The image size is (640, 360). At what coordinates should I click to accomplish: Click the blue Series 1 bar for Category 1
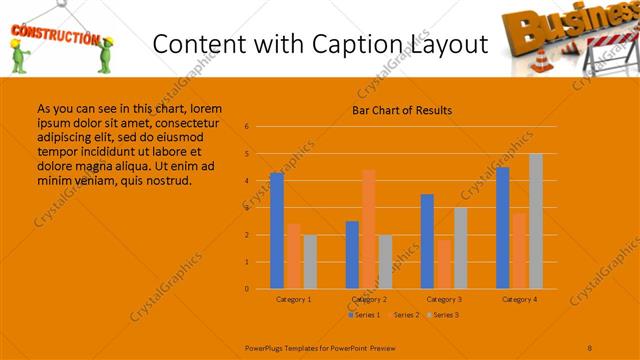tap(276, 231)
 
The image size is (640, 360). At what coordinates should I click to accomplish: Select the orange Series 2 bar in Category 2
tap(368, 229)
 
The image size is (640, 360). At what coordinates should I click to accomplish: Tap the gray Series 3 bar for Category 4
tap(535, 221)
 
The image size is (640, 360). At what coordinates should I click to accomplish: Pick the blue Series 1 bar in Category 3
tap(427, 241)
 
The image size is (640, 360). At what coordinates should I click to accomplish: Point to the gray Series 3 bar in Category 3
tap(460, 248)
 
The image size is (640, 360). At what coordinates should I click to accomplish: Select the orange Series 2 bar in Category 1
tap(293, 256)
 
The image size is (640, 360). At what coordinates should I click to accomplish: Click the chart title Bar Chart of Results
tap(402, 110)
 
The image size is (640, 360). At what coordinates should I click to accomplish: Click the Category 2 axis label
tap(369, 299)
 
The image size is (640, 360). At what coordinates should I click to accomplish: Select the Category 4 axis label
tap(519, 299)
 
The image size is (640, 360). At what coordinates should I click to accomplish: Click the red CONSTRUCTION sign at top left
tap(53, 38)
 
